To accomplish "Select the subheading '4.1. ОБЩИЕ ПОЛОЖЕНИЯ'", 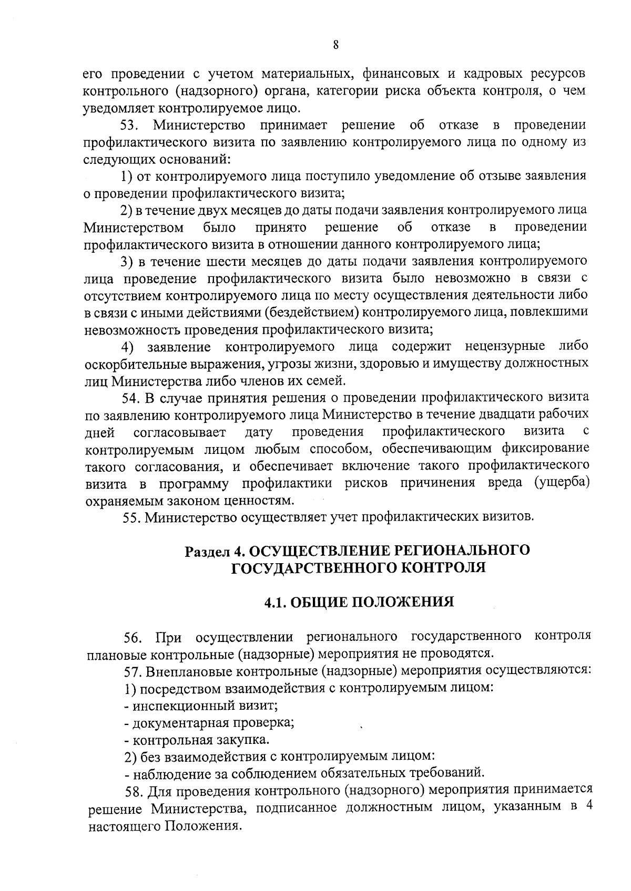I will [359, 602].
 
